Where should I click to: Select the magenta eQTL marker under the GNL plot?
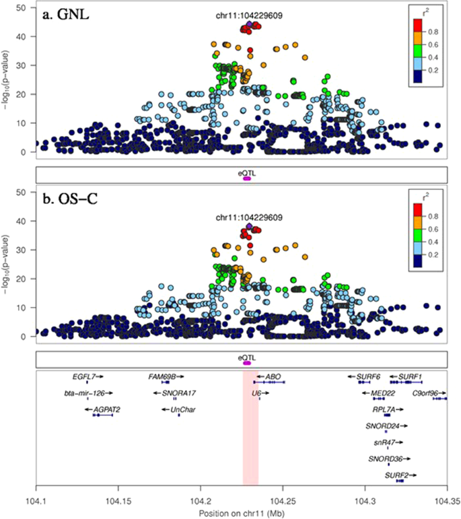pyautogui.click(x=246, y=178)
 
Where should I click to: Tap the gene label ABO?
pyautogui.click(x=273, y=377)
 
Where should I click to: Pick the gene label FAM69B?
pyautogui.click(x=162, y=377)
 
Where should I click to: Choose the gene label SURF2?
pyautogui.click(x=397, y=475)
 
